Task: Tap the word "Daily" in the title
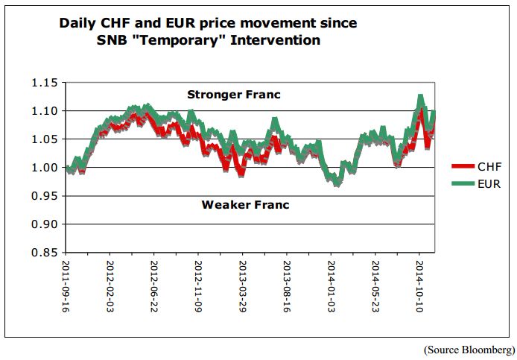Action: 80,23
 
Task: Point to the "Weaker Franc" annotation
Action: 245,204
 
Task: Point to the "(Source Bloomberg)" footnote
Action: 469,349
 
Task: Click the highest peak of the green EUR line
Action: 421,98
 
